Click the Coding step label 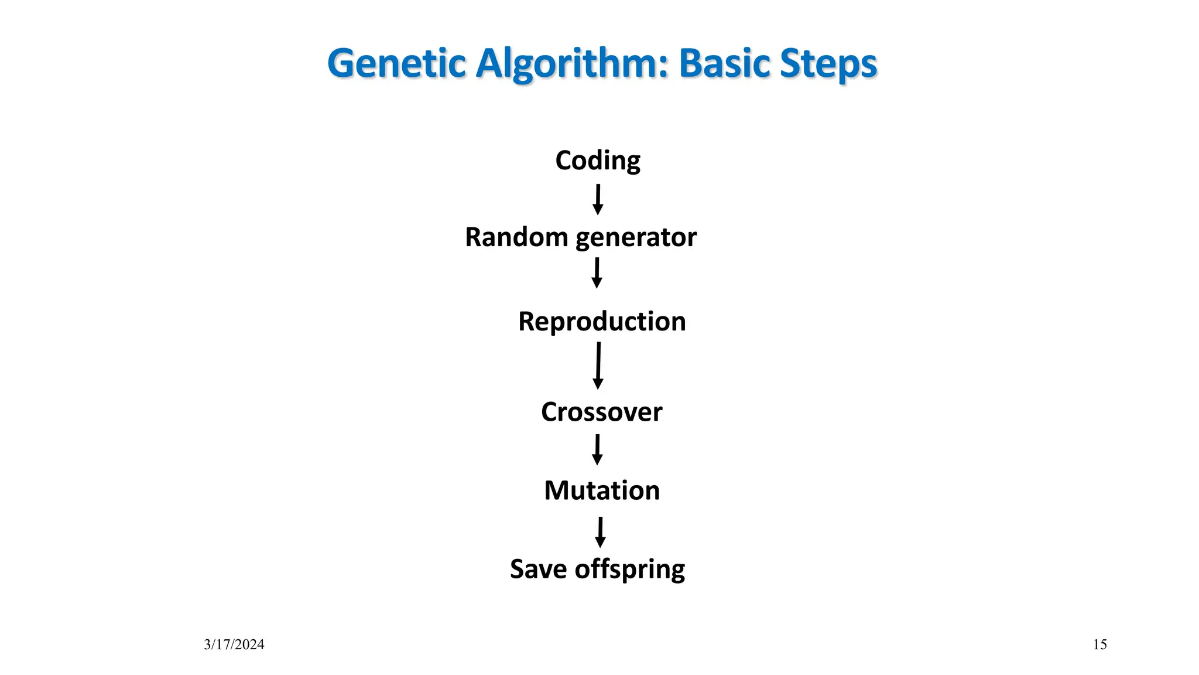[598, 161]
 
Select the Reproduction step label [602, 322]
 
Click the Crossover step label [601, 412]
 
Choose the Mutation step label [602, 490]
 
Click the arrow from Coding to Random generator [598, 200]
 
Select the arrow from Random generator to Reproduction [597, 274]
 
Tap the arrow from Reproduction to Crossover [598, 366]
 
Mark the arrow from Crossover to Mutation [597, 449]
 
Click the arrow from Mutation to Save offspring [600, 531]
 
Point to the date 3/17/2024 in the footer [234, 645]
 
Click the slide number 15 [1099, 645]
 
